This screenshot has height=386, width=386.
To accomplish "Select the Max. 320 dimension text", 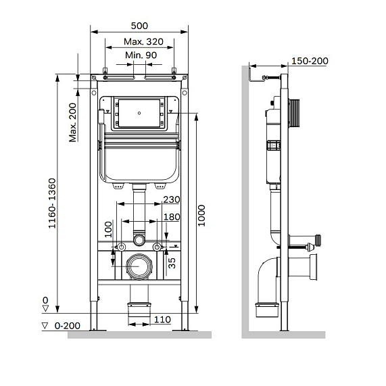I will (139, 43).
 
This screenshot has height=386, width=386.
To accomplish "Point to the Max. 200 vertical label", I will (72, 122).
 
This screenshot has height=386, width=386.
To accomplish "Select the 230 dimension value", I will (172, 199).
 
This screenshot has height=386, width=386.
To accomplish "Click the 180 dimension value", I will (172, 216).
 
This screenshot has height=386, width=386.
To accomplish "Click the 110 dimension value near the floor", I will (162, 319).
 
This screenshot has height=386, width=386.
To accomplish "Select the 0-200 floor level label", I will (64, 325).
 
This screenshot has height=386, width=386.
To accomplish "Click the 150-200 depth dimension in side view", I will (310, 62).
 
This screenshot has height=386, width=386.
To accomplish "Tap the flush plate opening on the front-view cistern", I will (140, 113).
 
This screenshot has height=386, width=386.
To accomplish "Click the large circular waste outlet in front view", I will (140, 267).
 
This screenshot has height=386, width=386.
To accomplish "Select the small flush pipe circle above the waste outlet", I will (139, 239).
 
